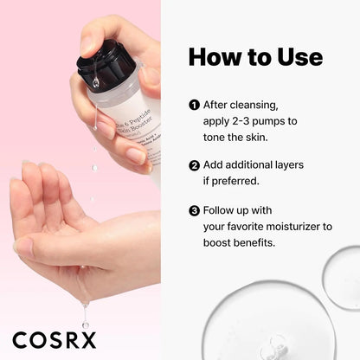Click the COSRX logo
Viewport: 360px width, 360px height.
point(54,337)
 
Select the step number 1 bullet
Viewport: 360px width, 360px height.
point(194,106)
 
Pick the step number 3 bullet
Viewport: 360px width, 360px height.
point(194,209)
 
